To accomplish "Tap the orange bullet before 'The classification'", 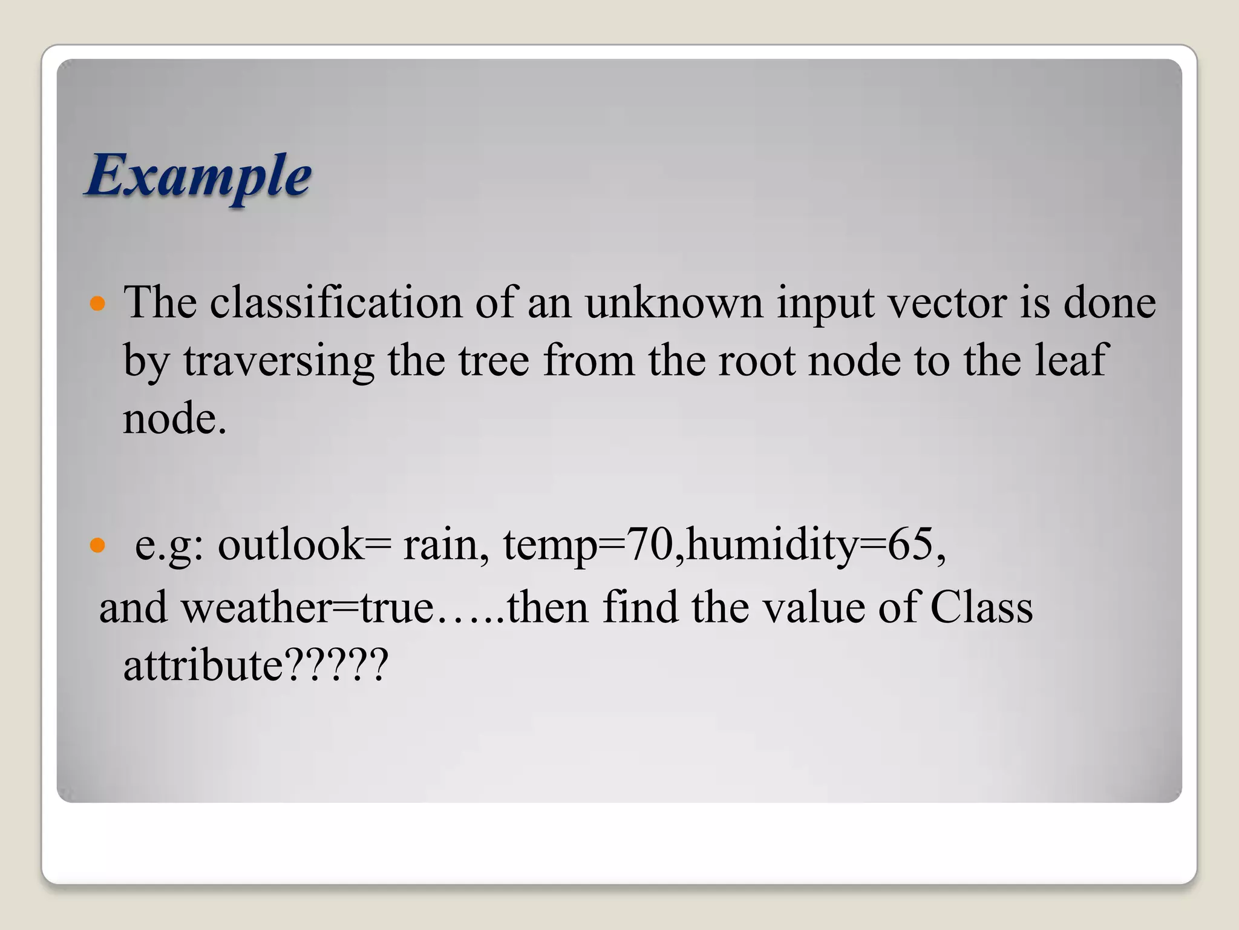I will [97, 303].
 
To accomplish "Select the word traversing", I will [279, 360].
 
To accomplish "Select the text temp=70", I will [587, 545].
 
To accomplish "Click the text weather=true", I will [307, 607].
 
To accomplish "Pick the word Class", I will [981, 607].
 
